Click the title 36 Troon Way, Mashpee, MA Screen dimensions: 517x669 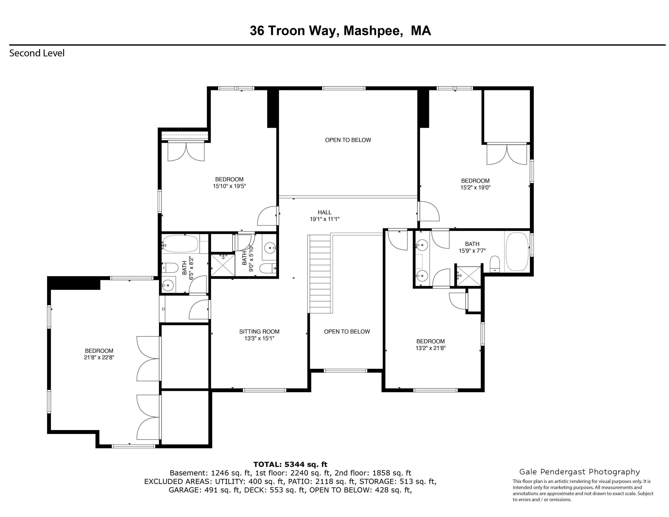340,31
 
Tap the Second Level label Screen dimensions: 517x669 37,53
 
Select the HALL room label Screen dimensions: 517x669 324,212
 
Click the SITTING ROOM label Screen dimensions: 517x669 259,331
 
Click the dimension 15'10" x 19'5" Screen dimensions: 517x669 229,186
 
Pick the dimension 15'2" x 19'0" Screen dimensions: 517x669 475,187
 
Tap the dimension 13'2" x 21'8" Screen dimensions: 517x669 430,348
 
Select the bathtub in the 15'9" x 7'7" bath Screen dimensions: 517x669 517,252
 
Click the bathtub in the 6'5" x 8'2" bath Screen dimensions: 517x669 180,244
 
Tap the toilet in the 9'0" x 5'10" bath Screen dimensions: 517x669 267,268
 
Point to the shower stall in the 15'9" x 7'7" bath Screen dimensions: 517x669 469,277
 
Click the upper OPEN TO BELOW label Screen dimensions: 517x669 348,140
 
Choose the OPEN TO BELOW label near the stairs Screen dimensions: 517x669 347,331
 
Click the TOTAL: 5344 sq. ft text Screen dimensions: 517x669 290,464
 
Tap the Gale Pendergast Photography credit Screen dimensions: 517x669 580,472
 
